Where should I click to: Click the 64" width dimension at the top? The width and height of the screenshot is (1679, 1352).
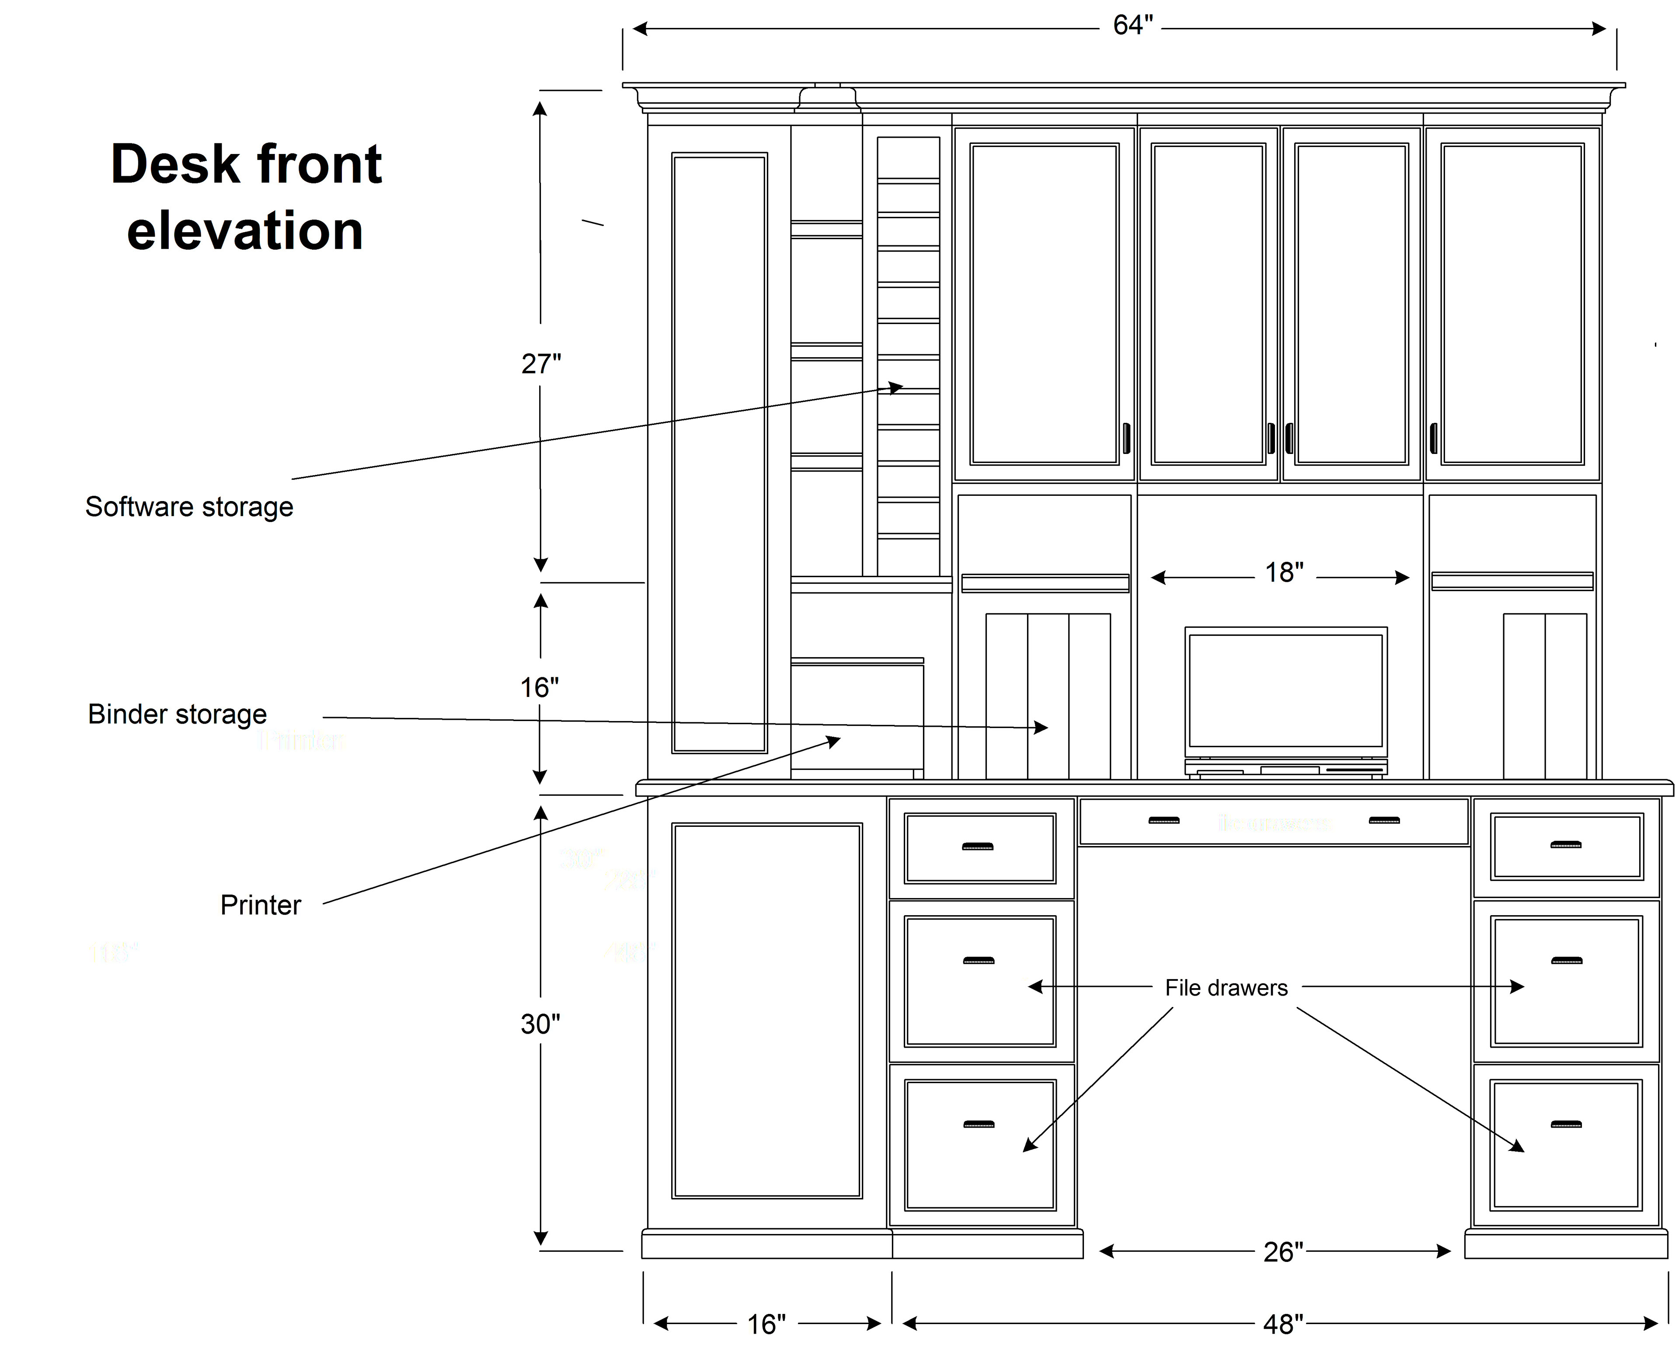point(1132,26)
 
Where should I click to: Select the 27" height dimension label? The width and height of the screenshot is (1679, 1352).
point(540,364)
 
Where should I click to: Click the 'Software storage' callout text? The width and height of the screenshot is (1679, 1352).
point(189,507)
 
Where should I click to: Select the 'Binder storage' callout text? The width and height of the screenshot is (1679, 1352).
point(178,714)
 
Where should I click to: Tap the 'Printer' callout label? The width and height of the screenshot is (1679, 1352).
point(260,905)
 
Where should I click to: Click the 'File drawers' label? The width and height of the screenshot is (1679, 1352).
point(1226,987)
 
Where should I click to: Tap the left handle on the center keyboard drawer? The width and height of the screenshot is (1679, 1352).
point(1163,820)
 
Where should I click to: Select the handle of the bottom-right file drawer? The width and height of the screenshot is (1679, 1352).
point(1566,1124)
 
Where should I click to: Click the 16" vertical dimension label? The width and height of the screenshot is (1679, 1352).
point(539,688)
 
